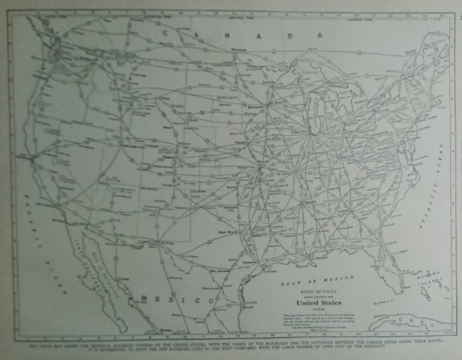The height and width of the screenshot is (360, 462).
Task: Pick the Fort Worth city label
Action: click(228, 232)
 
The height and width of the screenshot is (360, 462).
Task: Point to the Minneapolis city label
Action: click(258, 107)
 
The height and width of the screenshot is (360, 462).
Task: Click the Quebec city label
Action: click(410, 50)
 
